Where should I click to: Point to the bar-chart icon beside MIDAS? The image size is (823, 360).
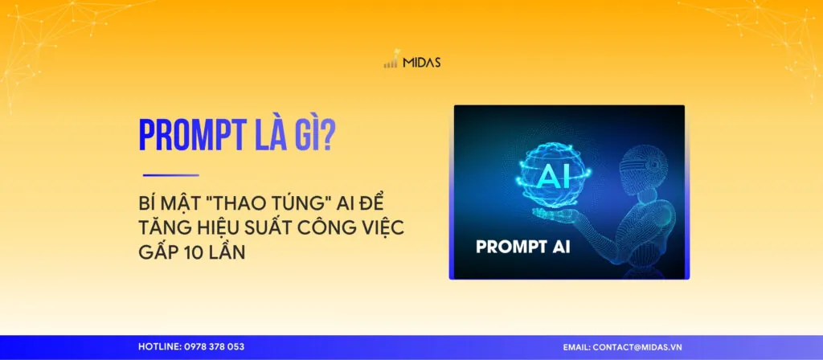pyautogui.click(x=391, y=62)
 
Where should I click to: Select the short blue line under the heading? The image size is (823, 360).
pyautogui.click(x=170, y=174)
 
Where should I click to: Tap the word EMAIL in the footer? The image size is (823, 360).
pyautogui.click(x=575, y=346)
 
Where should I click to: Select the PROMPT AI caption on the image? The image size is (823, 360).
pyautogui.click(x=523, y=247)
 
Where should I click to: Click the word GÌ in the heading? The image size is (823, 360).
pyautogui.click(x=302, y=135)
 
